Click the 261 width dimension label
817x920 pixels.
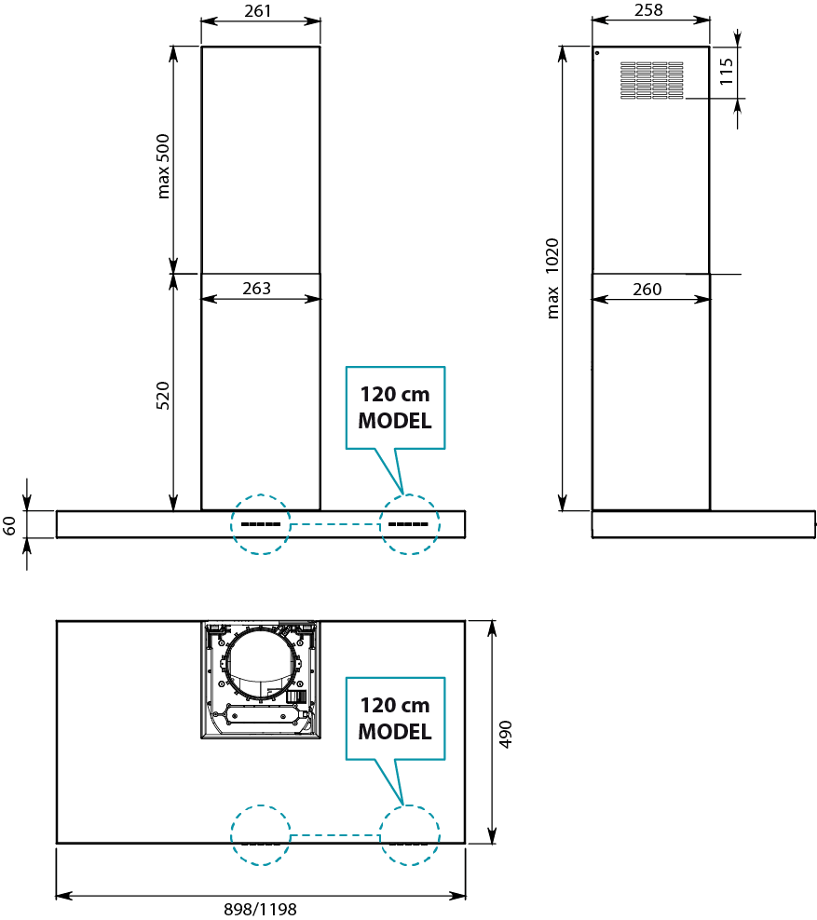point(260,10)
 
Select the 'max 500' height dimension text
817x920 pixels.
point(165,163)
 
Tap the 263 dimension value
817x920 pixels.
point(256,289)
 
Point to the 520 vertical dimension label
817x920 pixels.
point(163,396)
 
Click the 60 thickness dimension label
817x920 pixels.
point(10,525)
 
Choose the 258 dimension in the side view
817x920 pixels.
point(648,10)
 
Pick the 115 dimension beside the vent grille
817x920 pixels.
point(728,72)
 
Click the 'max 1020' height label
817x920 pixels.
point(553,278)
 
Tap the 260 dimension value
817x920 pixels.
point(647,290)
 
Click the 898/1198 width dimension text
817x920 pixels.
point(260,910)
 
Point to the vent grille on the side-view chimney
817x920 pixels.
point(652,80)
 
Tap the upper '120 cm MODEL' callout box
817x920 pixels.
point(395,408)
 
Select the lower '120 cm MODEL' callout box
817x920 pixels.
point(395,719)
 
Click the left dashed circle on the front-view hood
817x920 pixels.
point(261,524)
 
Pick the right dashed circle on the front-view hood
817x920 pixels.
point(408,524)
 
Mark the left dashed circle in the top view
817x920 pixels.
point(261,835)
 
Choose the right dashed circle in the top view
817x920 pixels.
point(408,835)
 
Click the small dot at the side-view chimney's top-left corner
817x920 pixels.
point(597,53)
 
